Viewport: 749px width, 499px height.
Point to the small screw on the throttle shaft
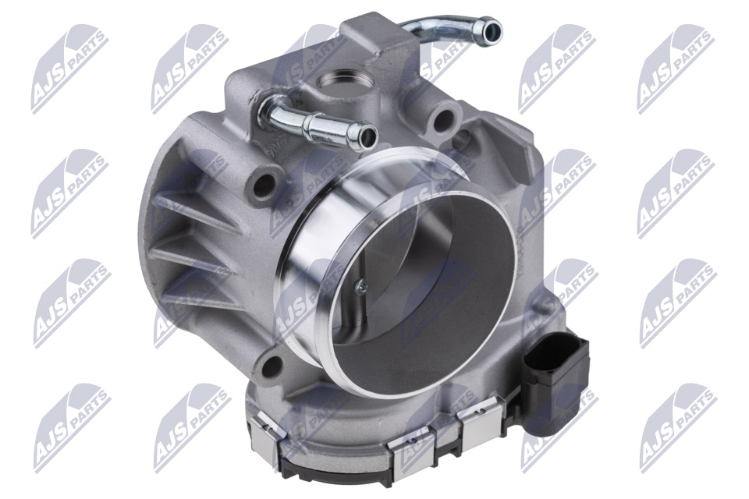[361, 286]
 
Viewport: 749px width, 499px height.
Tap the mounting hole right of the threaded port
[444, 119]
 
